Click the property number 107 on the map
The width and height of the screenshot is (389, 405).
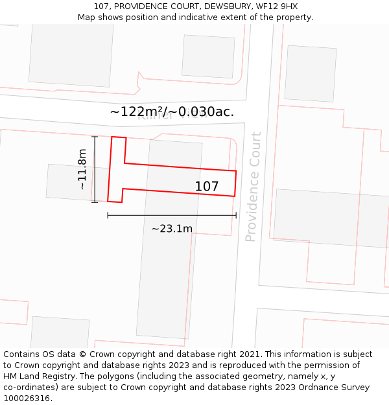(x=207, y=187)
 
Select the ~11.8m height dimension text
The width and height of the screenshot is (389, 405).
(x=82, y=169)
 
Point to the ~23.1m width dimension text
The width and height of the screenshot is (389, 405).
(x=172, y=228)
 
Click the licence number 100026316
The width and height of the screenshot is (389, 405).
(x=27, y=398)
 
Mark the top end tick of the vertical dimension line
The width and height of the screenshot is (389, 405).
(x=95, y=137)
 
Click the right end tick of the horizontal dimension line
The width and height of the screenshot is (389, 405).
(x=236, y=215)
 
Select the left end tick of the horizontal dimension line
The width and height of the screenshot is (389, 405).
(x=108, y=215)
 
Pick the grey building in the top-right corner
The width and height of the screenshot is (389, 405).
(x=310, y=73)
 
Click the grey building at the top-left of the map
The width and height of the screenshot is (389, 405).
(x=70, y=54)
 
